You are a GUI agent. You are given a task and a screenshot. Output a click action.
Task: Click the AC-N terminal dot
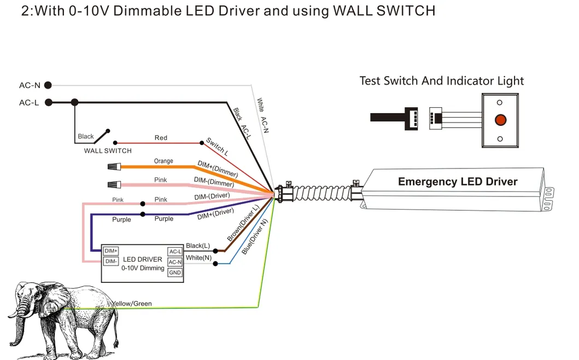click(48, 85)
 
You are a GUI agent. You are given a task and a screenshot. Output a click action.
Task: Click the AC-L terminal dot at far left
click(48, 102)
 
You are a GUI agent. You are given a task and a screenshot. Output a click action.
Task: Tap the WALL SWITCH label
click(107, 150)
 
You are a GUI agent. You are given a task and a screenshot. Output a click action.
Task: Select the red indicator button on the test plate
click(500, 120)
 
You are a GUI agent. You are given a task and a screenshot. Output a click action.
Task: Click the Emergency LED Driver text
click(457, 182)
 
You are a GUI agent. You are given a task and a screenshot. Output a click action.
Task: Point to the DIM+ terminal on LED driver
click(111, 251)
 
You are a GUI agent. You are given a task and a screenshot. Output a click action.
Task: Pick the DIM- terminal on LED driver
click(111, 261)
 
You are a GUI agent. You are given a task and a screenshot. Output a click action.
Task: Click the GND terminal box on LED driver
click(175, 272)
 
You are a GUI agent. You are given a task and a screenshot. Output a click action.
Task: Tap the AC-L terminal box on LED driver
click(175, 251)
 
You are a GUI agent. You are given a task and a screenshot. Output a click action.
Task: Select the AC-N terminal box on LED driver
click(175, 262)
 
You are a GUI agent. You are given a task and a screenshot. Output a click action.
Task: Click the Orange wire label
click(163, 161)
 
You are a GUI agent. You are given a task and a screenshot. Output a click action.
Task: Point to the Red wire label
click(161, 138)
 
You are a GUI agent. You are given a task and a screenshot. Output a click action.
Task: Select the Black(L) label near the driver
click(197, 246)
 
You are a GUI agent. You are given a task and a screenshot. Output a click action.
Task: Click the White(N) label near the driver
click(198, 258)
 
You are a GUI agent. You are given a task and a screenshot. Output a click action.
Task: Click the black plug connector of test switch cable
click(411, 117)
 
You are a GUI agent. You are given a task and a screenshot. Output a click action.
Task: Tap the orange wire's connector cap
click(113, 166)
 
